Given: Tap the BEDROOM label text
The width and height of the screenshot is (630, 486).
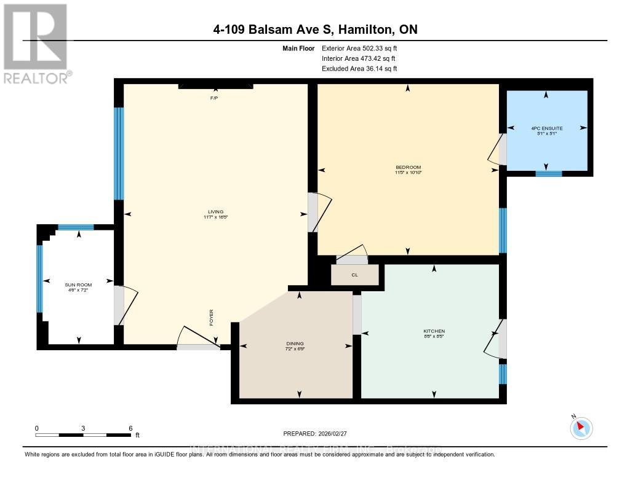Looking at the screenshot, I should click(408, 167).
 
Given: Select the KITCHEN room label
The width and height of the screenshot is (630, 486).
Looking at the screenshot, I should click(434, 331).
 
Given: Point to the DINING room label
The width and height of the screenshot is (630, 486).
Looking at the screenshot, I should click(295, 343).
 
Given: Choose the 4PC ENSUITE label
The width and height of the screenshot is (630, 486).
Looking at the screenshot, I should click(546, 128).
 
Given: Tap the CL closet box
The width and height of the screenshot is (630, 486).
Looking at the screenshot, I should click(355, 275).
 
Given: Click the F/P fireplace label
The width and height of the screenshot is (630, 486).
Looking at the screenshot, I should click(215, 98).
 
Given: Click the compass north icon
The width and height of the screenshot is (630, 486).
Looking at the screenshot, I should click(581, 428).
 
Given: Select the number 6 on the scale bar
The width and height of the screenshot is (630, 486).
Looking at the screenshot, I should click(130, 428).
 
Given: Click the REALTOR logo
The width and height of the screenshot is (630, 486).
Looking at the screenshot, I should click(36, 43).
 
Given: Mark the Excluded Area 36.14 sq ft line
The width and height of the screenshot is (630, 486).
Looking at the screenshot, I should click(359, 69).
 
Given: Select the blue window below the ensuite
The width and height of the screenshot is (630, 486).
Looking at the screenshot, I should click(548, 173).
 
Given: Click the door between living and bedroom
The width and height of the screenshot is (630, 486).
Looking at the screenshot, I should click(313, 213).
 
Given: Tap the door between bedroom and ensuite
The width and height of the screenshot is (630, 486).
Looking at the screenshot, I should click(502, 149).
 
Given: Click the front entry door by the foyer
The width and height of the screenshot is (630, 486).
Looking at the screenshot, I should click(197, 347).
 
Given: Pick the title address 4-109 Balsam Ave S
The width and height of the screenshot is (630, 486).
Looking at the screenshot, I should click(314, 29).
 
